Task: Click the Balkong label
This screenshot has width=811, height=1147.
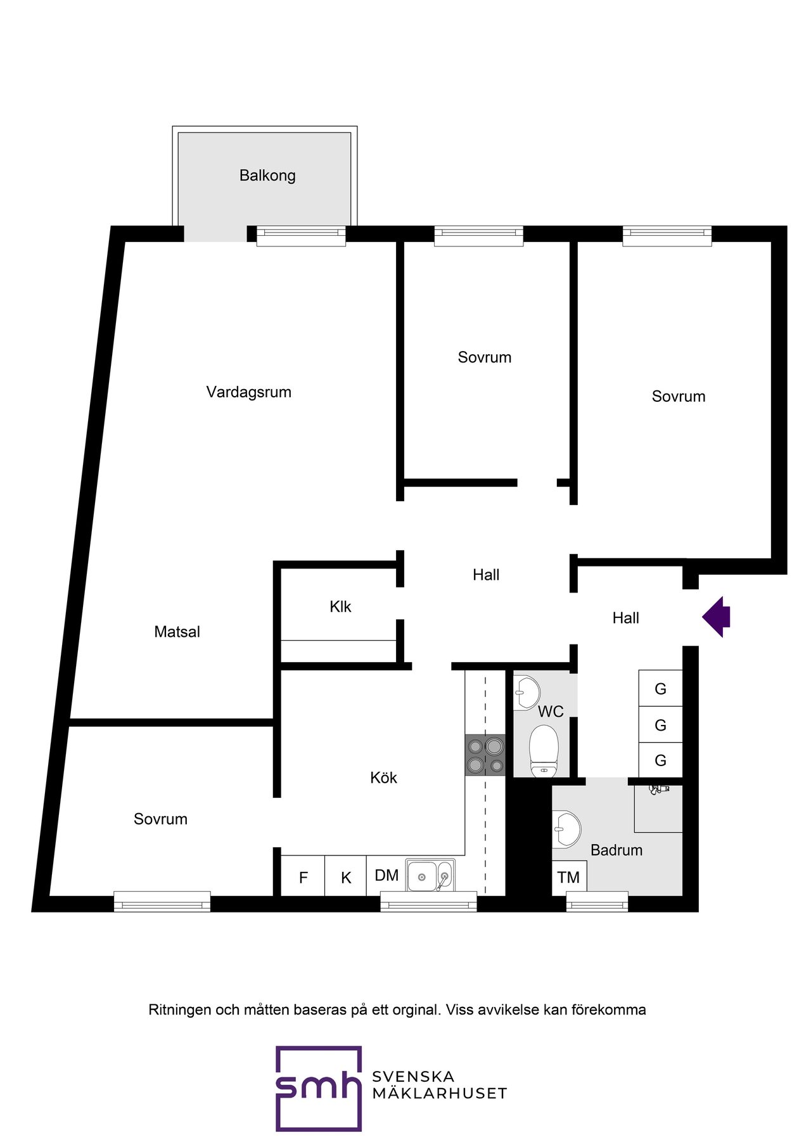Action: pyautogui.click(x=267, y=176)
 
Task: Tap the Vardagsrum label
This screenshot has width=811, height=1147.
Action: pyautogui.click(x=249, y=392)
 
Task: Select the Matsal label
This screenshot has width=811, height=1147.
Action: pyautogui.click(x=177, y=632)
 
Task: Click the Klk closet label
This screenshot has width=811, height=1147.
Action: pyautogui.click(x=340, y=607)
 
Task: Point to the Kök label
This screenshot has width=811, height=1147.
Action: pyautogui.click(x=383, y=778)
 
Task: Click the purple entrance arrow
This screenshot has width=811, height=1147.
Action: pyautogui.click(x=717, y=617)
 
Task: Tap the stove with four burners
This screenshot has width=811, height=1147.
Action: pyautogui.click(x=485, y=755)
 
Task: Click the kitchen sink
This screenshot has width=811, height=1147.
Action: pyautogui.click(x=430, y=876)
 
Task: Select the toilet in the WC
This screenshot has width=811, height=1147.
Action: pyautogui.click(x=544, y=751)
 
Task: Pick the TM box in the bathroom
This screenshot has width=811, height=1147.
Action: pyautogui.click(x=569, y=878)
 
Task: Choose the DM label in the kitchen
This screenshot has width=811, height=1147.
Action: pyautogui.click(x=386, y=875)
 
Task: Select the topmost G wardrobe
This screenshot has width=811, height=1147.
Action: pyautogui.click(x=660, y=688)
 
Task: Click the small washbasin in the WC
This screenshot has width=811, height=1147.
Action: pyautogui.click(x=527, y=693)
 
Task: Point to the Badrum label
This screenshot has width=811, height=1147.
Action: pyautogui.click(x=616, y=850)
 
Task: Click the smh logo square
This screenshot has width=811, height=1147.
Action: pyautogui.click(x=319, y=1089)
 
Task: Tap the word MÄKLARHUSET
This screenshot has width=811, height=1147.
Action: pyautogui.click(x=440, y=1093)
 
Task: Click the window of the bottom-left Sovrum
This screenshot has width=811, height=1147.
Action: pyautogui.click(x=162, y=901)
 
